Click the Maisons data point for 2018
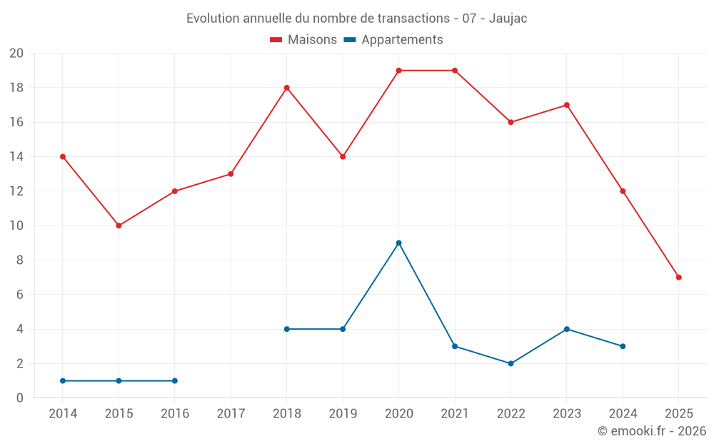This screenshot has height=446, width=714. point(286,88)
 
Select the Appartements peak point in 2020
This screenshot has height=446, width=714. point(398,243)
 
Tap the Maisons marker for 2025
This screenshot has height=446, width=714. point(678,277)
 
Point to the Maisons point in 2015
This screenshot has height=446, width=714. point(119,225)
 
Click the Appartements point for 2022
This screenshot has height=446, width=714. point(511,363)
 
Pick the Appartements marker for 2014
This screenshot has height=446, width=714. point(63,380)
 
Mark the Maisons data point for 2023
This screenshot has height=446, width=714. point(566,105)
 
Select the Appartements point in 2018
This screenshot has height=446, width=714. point(286,329)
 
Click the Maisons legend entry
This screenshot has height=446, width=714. point(303,40)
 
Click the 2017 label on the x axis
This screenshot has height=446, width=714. point(231,414)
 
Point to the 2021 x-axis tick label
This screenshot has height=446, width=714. point(455,414)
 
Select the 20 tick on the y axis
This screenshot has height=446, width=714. point(16,54)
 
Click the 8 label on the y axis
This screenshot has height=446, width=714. point(20,260)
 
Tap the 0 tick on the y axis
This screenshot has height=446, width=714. point(20,398)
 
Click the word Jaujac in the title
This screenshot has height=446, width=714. point(508,19)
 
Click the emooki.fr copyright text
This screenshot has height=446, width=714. point(652,431)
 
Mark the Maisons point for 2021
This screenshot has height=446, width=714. point(455,71)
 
